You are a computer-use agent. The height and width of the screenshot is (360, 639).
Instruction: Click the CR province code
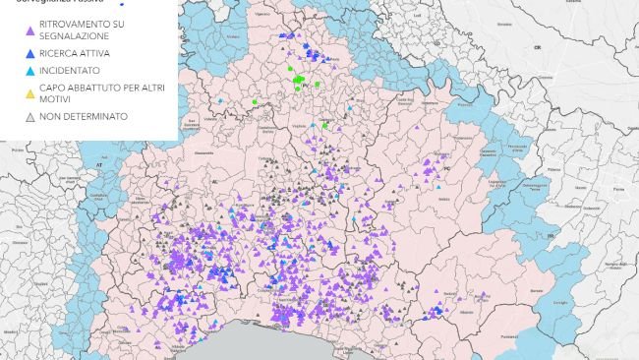point(538,46)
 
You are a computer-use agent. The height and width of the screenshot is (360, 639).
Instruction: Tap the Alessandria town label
point(205,153)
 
